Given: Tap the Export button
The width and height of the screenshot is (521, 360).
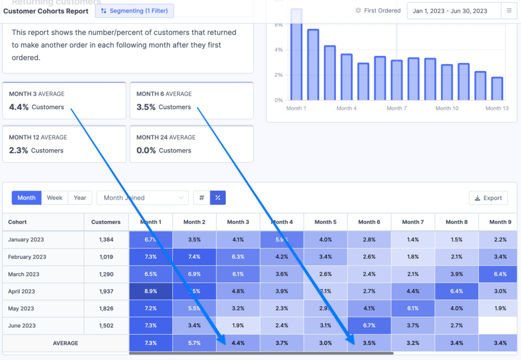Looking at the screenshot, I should pyautogui.click(x=488, y=198).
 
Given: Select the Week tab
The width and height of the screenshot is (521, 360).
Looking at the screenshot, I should pyautogui.click(x=54, y=198).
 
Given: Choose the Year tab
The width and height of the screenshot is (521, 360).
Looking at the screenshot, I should pyautogui.click(x=80, y=198).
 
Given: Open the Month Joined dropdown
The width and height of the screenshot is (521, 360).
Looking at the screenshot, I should pyautogui.click(x=142, y=198).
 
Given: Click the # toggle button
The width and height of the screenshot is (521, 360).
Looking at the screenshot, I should pyautogui.click(x=201, y=198).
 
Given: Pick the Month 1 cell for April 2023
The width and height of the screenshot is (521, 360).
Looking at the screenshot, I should pyautogui.click(x=151, y=291).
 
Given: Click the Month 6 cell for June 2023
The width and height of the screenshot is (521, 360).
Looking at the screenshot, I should pyautogui.click(x=369, y=325).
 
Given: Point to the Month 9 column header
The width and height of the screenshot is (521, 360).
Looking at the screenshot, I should pyautogui.click(x=500, y=222).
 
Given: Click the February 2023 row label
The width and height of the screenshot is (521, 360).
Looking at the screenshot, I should pyautogui.click(x=27, y=257).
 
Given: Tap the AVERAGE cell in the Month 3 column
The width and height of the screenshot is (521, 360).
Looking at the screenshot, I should pyautogui.click(x=238, y=343).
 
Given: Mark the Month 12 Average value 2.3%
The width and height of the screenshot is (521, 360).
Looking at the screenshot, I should pyautogui.click(x=19, y=151).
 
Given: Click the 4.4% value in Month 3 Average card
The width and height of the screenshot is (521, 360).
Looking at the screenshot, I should pyautogui.click(x=19, y=107).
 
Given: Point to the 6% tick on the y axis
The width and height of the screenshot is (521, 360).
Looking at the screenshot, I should pyautogui.click(x=278, y=25).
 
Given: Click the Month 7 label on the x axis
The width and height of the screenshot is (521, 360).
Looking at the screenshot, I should pyautogui.click(x=397, y=108).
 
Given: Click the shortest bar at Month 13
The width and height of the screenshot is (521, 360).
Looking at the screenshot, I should pyautogui.click(x=497, y=89).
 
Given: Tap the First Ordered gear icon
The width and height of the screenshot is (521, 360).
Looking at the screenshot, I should pyautogui.click(x=358, y=11).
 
